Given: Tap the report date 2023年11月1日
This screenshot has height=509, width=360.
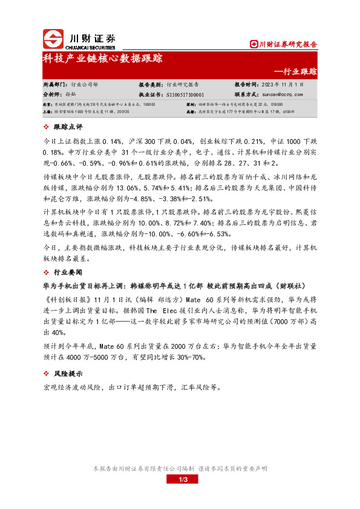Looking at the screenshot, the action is click(282, 85).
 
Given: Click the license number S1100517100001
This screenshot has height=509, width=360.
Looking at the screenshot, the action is click(185, 94).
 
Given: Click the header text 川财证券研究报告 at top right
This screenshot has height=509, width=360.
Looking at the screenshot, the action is click(287, 44).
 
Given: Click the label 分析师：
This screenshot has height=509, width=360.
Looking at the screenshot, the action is click(53, 94).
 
